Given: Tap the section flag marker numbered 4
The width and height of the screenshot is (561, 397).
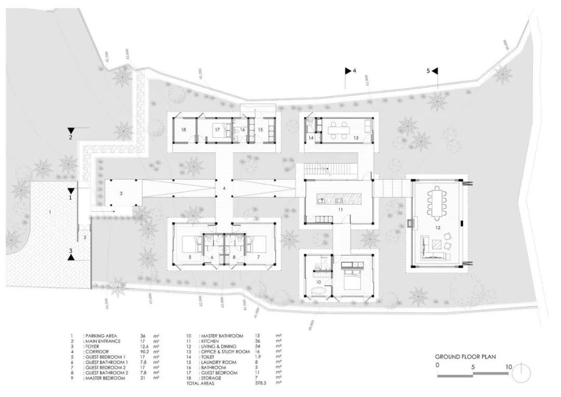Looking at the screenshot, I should coord(349,71).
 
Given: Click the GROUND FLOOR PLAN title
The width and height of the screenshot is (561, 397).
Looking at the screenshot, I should coord(465,356).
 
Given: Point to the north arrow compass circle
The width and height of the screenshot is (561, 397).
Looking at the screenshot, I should coord(522,372).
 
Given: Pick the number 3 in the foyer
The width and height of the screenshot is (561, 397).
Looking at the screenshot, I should coord(121,193).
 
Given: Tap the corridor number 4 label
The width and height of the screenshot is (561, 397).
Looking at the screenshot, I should coord(224,188).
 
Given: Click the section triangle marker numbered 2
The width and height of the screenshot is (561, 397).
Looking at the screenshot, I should coord(70,132).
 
